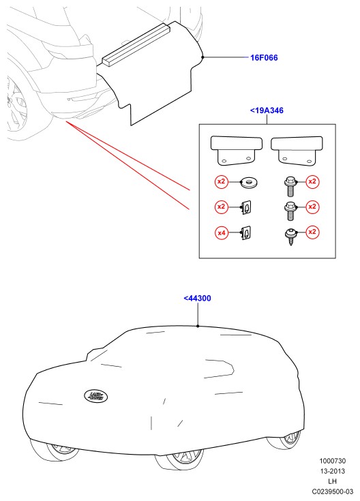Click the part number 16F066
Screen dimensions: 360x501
click(264, 57)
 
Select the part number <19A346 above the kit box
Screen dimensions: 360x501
click(267, 110)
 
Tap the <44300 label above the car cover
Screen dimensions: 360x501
click(197, 298)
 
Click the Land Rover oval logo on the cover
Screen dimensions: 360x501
click(95, 396)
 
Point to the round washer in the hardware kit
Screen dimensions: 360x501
click(250, 183)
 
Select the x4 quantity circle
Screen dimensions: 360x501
click(221, 232)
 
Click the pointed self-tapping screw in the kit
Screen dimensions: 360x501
click(290, 237)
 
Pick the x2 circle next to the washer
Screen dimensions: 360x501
click(221, 182)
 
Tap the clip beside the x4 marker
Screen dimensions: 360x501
click(246, 232)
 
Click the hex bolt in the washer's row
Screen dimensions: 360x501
click(290, 186)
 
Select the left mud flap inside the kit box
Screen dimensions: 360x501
click(237, 150)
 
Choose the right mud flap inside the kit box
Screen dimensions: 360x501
click(297, 151)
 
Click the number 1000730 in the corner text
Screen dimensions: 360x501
click(333, 461)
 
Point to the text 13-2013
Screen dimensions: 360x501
click(333, 471)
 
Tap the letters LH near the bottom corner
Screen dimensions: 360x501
click(333, 481)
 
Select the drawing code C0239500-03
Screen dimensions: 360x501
click(333, 491)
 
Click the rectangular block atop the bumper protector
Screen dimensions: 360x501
click(136, 45)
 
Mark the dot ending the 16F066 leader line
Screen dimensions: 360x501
click(202, 57)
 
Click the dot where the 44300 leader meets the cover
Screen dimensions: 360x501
click(198, 326)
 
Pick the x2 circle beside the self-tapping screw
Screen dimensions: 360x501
click(312, 232)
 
